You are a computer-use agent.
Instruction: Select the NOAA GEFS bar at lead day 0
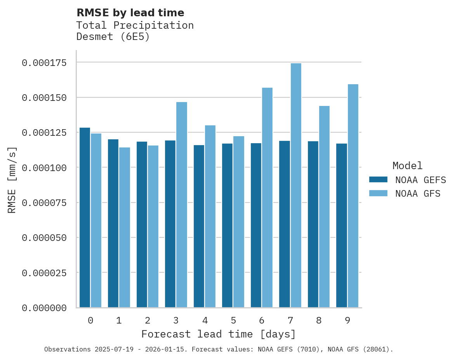coord(85,217)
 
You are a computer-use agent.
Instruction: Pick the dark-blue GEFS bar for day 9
coord(342,225)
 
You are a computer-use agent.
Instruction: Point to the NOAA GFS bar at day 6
coord(267,197)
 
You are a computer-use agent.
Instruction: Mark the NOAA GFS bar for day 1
coord(125,227)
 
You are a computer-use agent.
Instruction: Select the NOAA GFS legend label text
coord(418,193)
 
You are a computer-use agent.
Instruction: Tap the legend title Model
coord(407,166)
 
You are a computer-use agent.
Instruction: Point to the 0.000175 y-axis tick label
coord(44,62)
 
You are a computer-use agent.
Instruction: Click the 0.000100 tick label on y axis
coord(44,168)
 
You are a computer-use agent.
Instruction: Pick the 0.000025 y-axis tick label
coord(44,273)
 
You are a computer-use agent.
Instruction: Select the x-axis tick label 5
coord(233,320)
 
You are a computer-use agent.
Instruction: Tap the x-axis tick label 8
coord(319,320)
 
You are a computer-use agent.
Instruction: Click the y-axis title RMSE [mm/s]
coord(12,180)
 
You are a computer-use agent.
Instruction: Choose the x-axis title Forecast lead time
coord(219,334)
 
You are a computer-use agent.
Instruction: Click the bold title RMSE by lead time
coord(130,13)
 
